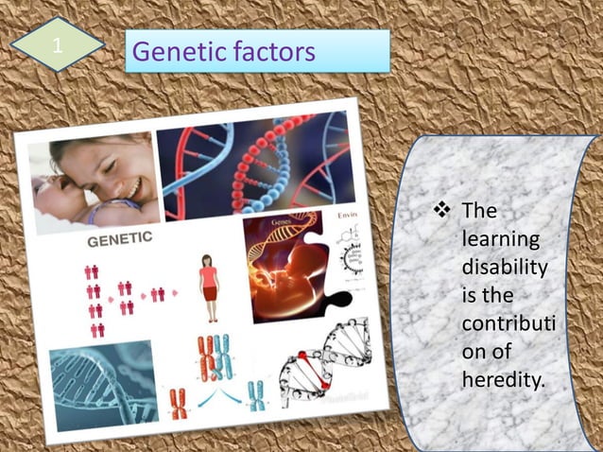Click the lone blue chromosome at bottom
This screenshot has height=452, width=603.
pos(256,394)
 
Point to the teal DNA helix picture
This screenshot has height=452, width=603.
pos(101,383)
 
